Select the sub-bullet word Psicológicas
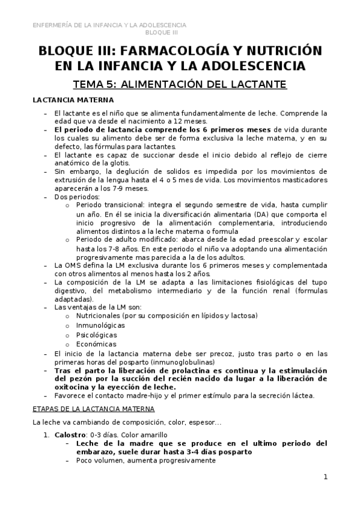click(97, 334)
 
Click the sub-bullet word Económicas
click(96, 344)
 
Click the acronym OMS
click(74, 265)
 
